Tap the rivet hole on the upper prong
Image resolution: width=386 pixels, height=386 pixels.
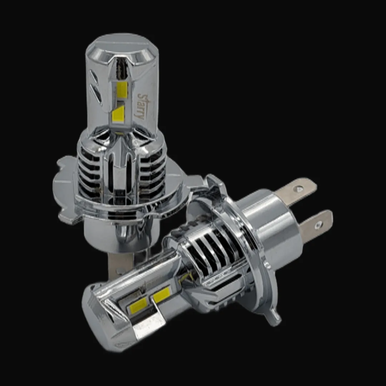point(299,189)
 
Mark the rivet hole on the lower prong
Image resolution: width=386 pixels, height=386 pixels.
point(319,224)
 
